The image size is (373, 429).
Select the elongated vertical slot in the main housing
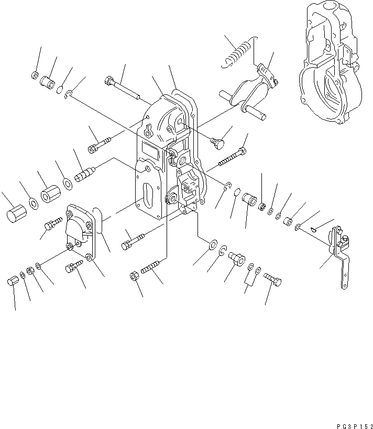149,199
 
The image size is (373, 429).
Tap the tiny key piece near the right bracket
313,228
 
